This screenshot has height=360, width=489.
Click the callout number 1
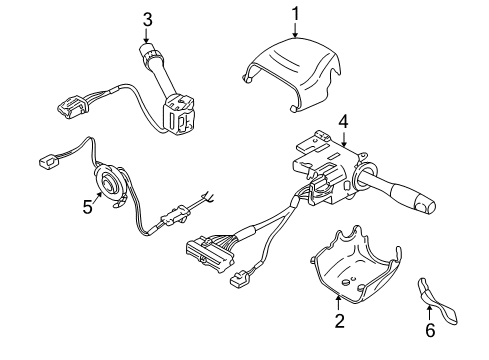pyautogui.click(x=295, y=13)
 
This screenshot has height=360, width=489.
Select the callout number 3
pyautogui.click(x=147, y=19)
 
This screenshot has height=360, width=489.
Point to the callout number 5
pyautogui.click(x=87, y=208)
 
